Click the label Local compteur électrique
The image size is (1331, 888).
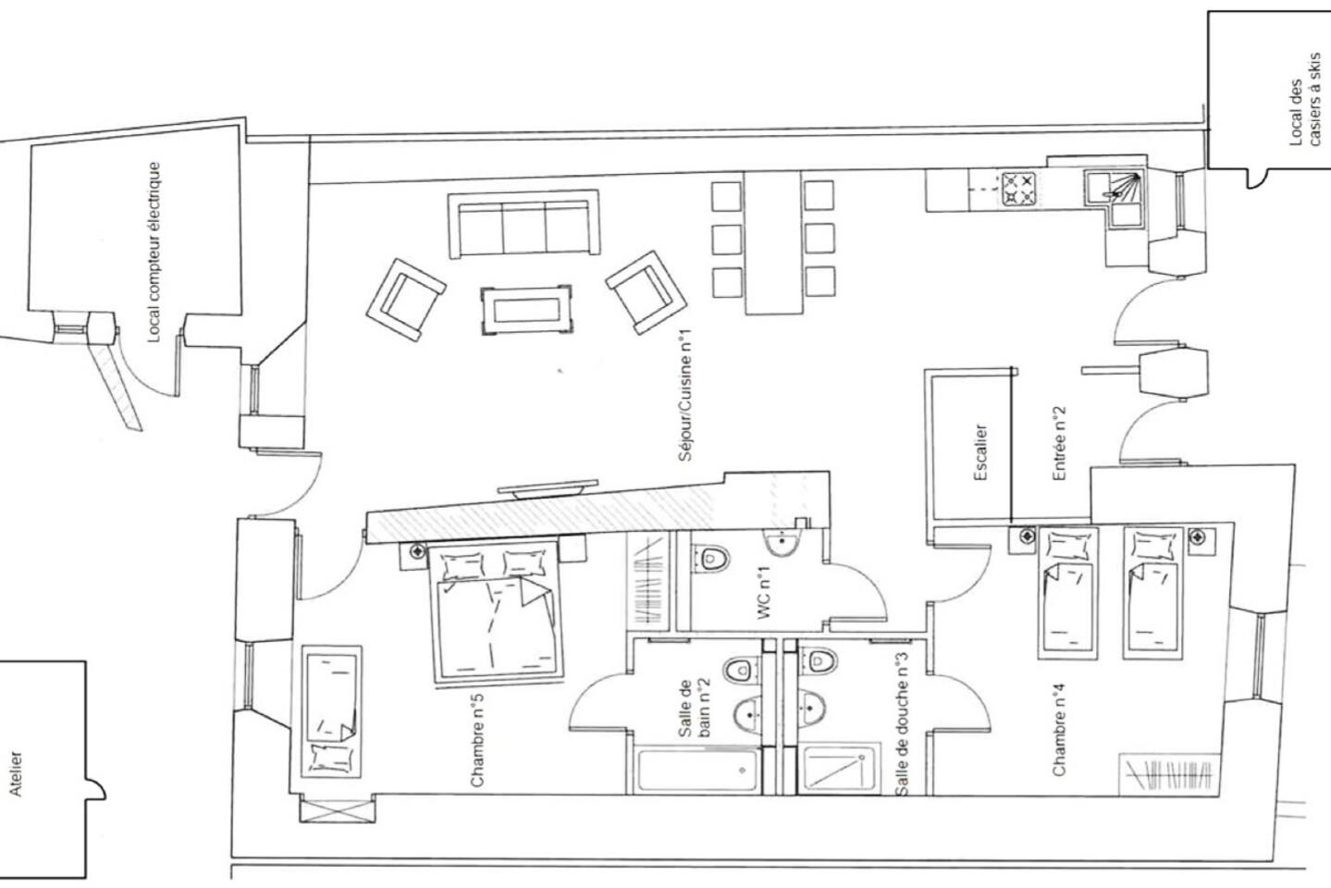(154, 252)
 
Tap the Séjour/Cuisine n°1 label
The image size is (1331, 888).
(685, 395)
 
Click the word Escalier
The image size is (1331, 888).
(981, 451)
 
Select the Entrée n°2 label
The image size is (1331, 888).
(1059, 443)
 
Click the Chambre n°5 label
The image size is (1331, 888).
(477, 740)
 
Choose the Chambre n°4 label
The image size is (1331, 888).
(1059, 729)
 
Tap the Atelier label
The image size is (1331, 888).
(16, 774)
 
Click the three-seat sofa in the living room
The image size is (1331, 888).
(524, 224)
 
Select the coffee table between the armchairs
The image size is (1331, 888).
(527, 310)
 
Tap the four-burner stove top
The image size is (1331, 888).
(1019, 189)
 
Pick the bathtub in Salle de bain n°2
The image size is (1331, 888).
(697, 771)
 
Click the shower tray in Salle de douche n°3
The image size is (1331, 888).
(838, 769)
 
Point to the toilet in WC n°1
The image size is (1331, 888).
(710, 559)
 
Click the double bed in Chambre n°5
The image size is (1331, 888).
(496, 612)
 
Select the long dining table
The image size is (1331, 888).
(772, 242)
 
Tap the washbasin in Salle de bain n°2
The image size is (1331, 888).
(748, 714)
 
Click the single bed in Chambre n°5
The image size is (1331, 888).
(331, 711)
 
